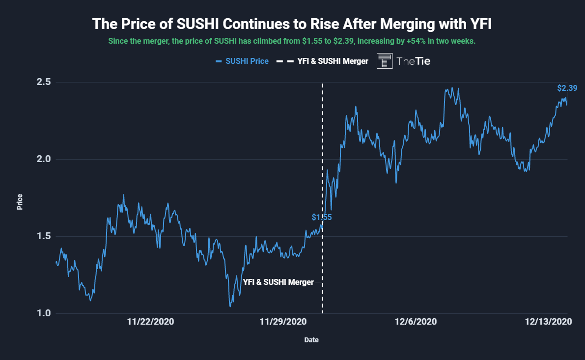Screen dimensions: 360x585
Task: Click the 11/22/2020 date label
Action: [x=150, y=322]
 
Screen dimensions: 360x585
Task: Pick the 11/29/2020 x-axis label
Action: [x=283, y=322]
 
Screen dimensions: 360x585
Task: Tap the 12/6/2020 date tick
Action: [x=416, y=322]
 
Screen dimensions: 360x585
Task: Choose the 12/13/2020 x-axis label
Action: [x=548, y=322]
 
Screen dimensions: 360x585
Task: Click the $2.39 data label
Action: [x=567, y=88]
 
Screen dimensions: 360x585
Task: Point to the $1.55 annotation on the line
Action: [x=321, y=217]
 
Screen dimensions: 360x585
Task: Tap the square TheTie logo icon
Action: [x=385, y=61]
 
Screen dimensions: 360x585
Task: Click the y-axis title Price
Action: [x=20, y=202]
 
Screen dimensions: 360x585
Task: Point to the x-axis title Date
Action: [x=310, y=339]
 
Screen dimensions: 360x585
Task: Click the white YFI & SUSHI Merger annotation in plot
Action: [x=278, y=282]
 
